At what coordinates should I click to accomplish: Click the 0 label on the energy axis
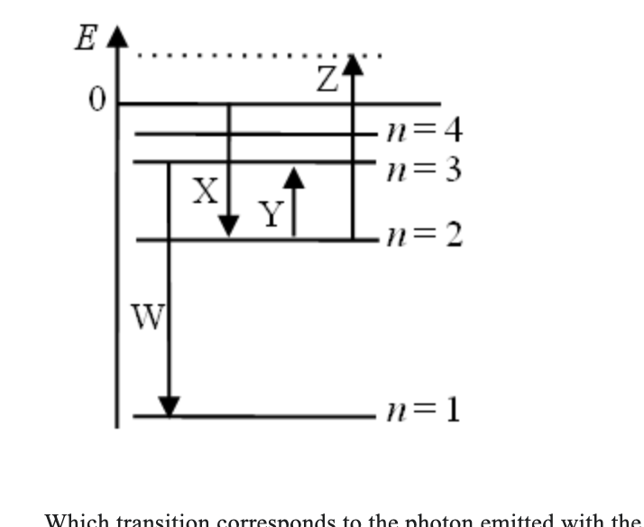(94, 100)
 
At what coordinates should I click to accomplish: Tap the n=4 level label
(423, 132)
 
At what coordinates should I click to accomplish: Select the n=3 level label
(423, 169)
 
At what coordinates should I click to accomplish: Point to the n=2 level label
(423, 237)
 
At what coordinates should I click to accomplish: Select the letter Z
(327, 80)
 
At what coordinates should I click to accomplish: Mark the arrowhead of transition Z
(353, 63)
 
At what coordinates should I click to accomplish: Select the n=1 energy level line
(271, 416)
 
